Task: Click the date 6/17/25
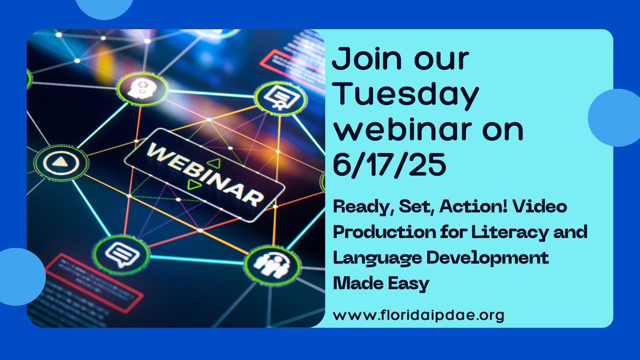coord(389,165)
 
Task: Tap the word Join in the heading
coord(363,60)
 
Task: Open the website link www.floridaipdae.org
coord(419,315)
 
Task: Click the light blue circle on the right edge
coord(616,117)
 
